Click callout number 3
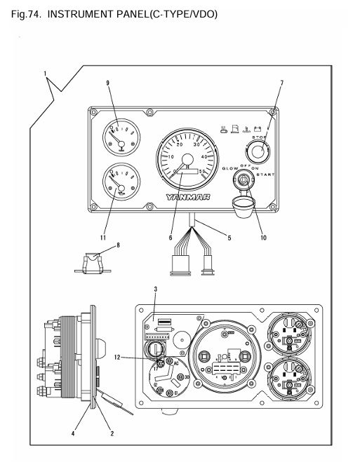(x=156, y=289)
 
